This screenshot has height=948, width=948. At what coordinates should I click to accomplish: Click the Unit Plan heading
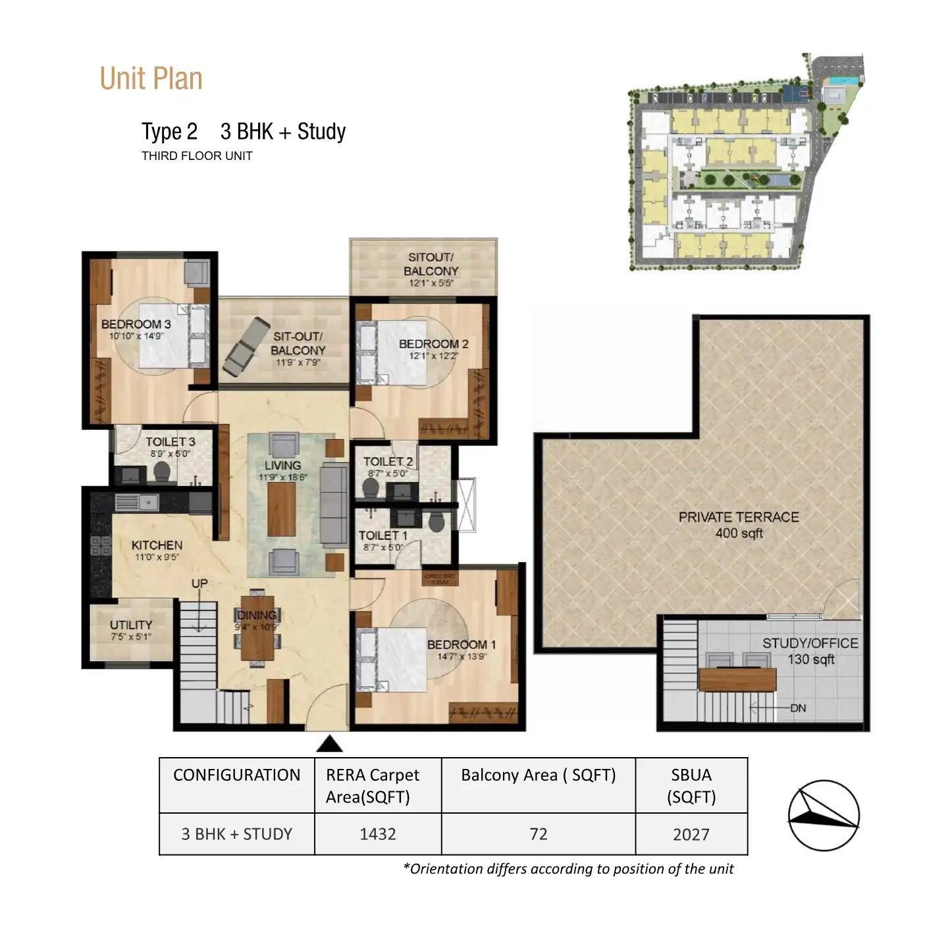(x=151, y=79)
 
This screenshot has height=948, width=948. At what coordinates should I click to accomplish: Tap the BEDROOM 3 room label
(x=136, y=325)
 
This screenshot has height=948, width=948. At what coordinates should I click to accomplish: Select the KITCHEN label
(x=157, y=545)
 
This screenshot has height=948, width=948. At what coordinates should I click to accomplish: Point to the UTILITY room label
(x=131, y=625)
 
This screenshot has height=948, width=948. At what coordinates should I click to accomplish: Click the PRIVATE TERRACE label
(x=739, y=517)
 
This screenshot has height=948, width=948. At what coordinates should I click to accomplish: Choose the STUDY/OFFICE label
(x=810, y=643)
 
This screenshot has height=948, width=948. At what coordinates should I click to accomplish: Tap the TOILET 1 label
(x=382, y=535)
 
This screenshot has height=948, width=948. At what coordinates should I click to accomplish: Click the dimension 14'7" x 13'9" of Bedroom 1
(x=461, y=656)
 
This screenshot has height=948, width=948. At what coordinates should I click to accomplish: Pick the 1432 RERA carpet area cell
(x=378, y=834)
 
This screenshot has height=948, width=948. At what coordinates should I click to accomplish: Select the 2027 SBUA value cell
(x=691, y=834)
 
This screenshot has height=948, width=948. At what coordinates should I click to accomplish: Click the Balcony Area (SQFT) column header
(x=538, y=776)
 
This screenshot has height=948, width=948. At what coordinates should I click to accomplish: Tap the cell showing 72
(x=538, y=834)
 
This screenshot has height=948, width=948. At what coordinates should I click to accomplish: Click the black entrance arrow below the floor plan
(x=329, y=745)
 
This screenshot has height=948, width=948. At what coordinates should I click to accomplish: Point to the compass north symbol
(x=824, y=816)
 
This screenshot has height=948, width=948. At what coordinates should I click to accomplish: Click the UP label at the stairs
(x=199, y=583)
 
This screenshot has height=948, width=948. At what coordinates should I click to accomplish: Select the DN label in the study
(x=798, y=708)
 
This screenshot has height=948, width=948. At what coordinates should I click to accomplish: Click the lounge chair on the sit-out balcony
(x=246, y=346)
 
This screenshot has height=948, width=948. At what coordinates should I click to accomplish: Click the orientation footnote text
(x=568, y=869)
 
